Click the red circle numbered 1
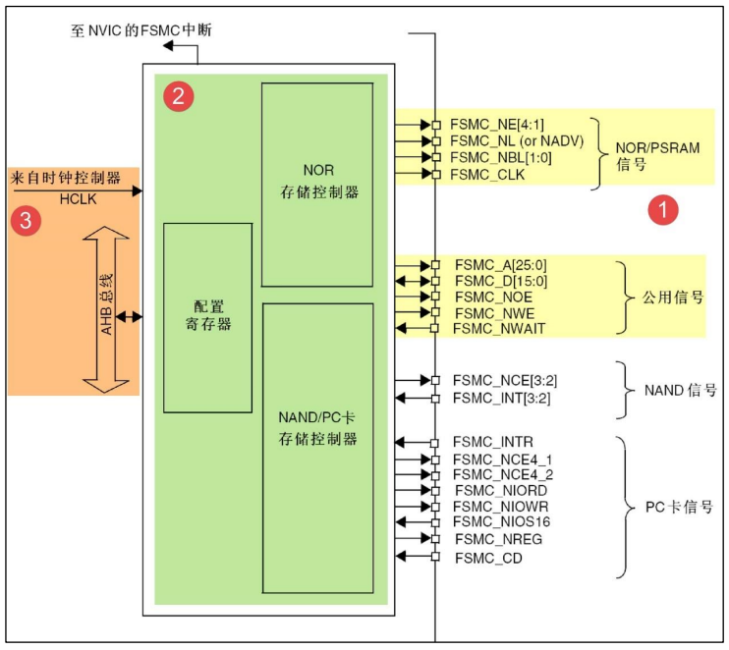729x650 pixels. [663, 209]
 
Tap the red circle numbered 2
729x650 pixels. [178, 95]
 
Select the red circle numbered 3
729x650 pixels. [25, 221]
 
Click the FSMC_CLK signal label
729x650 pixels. [487, 175]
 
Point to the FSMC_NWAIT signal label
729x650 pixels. [499, 329]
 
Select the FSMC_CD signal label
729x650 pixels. [488, 558]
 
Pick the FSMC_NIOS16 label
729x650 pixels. [502, 521]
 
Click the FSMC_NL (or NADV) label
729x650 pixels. [517, 141]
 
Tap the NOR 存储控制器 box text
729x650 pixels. [317, 182]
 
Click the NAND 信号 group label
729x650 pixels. [680, 390]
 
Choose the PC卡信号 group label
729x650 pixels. [679, 508]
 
